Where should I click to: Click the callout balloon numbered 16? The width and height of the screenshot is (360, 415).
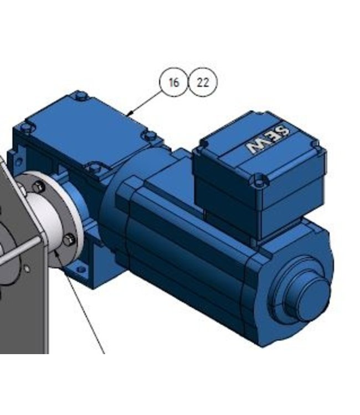[x=174, y=82]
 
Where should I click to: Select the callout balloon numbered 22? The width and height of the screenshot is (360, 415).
[x=203, y=82]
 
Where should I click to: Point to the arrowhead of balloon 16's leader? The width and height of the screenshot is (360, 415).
[x=129, y=115]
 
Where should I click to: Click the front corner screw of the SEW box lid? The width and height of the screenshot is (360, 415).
[x=258, y=179]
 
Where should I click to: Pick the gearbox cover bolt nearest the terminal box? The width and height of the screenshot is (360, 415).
[x=148, y=135]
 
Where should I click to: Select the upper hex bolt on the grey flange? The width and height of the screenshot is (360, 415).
[x=39, y=187]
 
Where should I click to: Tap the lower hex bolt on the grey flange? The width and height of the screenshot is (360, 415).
[x=68, y=240]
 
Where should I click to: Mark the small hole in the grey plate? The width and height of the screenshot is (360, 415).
[x=27, y=269]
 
